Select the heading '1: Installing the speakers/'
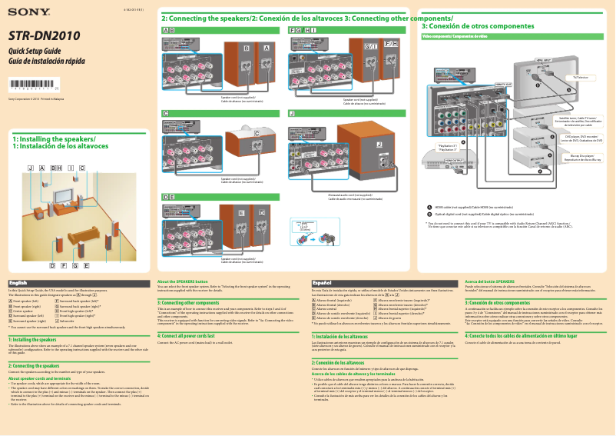49,139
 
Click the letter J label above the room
30,168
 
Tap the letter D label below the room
51,265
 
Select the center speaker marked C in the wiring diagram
257,142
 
